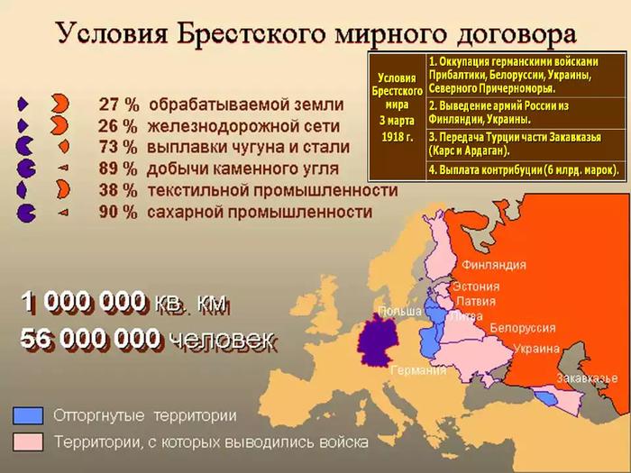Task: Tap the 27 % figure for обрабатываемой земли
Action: (119, 105)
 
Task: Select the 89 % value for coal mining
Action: (118, 169)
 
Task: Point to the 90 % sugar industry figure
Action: (118, 212)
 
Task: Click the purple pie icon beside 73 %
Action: (23, 146)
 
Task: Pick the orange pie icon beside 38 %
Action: (63, 189)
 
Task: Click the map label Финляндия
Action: (494, 265)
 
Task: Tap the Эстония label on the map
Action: (476, 287)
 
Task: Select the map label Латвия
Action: (476, 301)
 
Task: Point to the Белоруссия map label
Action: (522, 328)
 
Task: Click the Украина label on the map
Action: (537, 349)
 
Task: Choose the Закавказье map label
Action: (587, 377)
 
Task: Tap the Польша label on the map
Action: (400, 311)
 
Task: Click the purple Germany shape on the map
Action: (378, 341)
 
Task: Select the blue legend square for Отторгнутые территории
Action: (28, 415)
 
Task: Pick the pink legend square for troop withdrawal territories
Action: (28, 441)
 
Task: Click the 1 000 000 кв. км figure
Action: (124, 303)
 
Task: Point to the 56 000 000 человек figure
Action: (148, 339)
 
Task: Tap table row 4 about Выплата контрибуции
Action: (526, 169)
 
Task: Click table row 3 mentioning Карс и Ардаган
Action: (526, 143)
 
